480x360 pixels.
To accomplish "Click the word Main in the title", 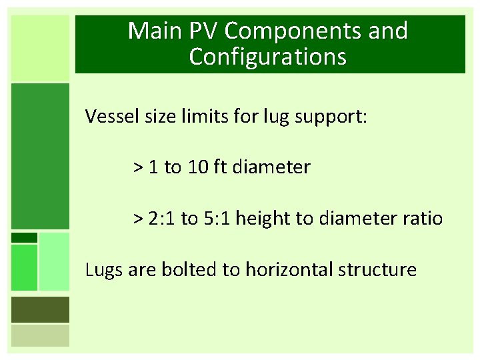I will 153,31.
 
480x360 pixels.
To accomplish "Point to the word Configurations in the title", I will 267,57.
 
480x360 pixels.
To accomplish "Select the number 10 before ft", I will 197,167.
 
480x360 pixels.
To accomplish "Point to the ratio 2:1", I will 163,218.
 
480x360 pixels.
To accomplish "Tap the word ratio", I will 419,218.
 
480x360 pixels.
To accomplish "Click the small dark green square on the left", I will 24,237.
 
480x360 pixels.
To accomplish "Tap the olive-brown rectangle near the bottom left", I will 40,309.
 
